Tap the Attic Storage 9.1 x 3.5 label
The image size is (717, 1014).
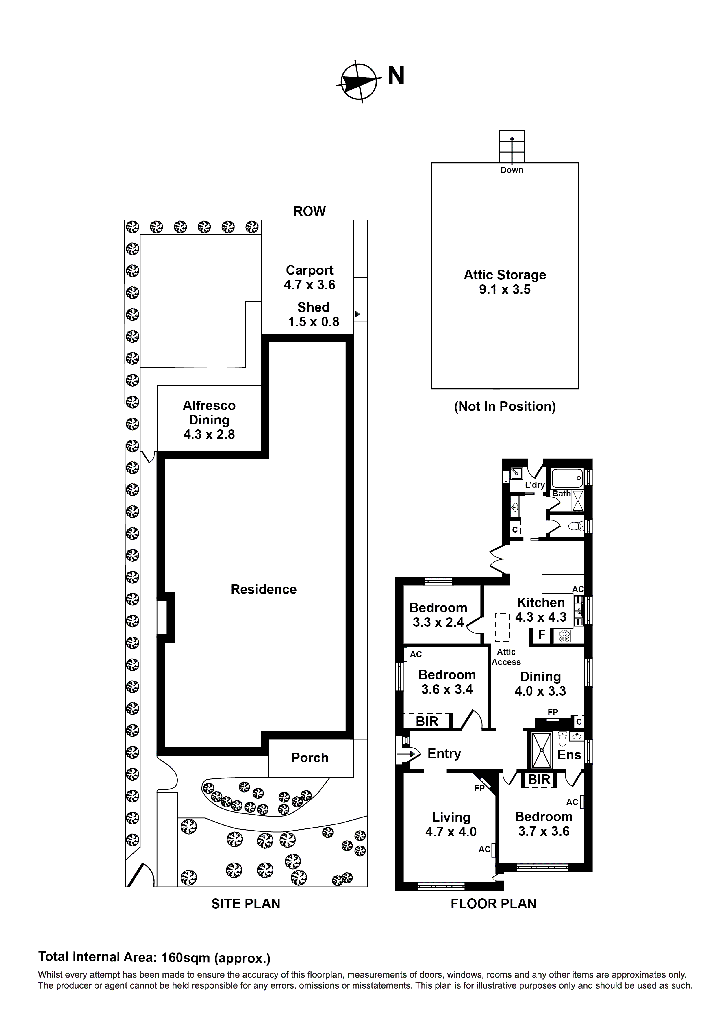point(505,282)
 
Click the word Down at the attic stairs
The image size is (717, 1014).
point(512,170)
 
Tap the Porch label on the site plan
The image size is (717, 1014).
point(310,758)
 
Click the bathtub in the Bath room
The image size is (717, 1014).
point(567,478)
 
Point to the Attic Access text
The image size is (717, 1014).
point(506,657)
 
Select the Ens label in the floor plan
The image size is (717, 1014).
point(569,755)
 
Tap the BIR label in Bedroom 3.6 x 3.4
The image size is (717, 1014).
point(427,721)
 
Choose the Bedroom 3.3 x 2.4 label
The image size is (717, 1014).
point(438,615)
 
